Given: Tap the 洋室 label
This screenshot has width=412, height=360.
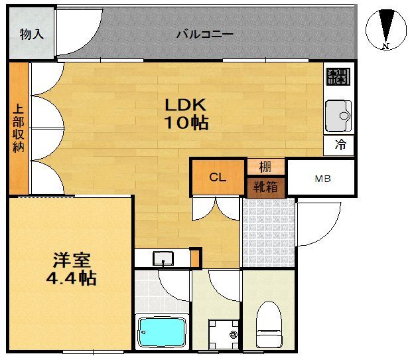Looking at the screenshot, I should (72, 260).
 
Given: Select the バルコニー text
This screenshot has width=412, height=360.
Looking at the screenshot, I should (204, 34).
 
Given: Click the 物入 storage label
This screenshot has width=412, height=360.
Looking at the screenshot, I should (31, 34).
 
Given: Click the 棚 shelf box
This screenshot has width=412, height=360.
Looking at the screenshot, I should (265, 167).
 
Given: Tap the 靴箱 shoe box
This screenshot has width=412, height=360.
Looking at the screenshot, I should (265, 187).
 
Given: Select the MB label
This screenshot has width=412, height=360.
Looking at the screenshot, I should (322, 179).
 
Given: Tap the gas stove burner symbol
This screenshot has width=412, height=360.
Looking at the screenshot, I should (338, 77).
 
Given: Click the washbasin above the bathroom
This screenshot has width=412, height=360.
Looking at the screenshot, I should (163, 257).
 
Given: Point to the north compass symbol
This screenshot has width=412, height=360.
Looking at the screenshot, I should (386, 29).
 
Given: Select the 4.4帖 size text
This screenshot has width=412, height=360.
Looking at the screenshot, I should (71, 278).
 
